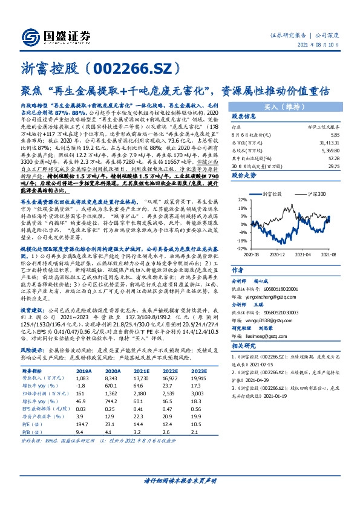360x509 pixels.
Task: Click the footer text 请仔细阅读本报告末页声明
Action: (180, 496)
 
